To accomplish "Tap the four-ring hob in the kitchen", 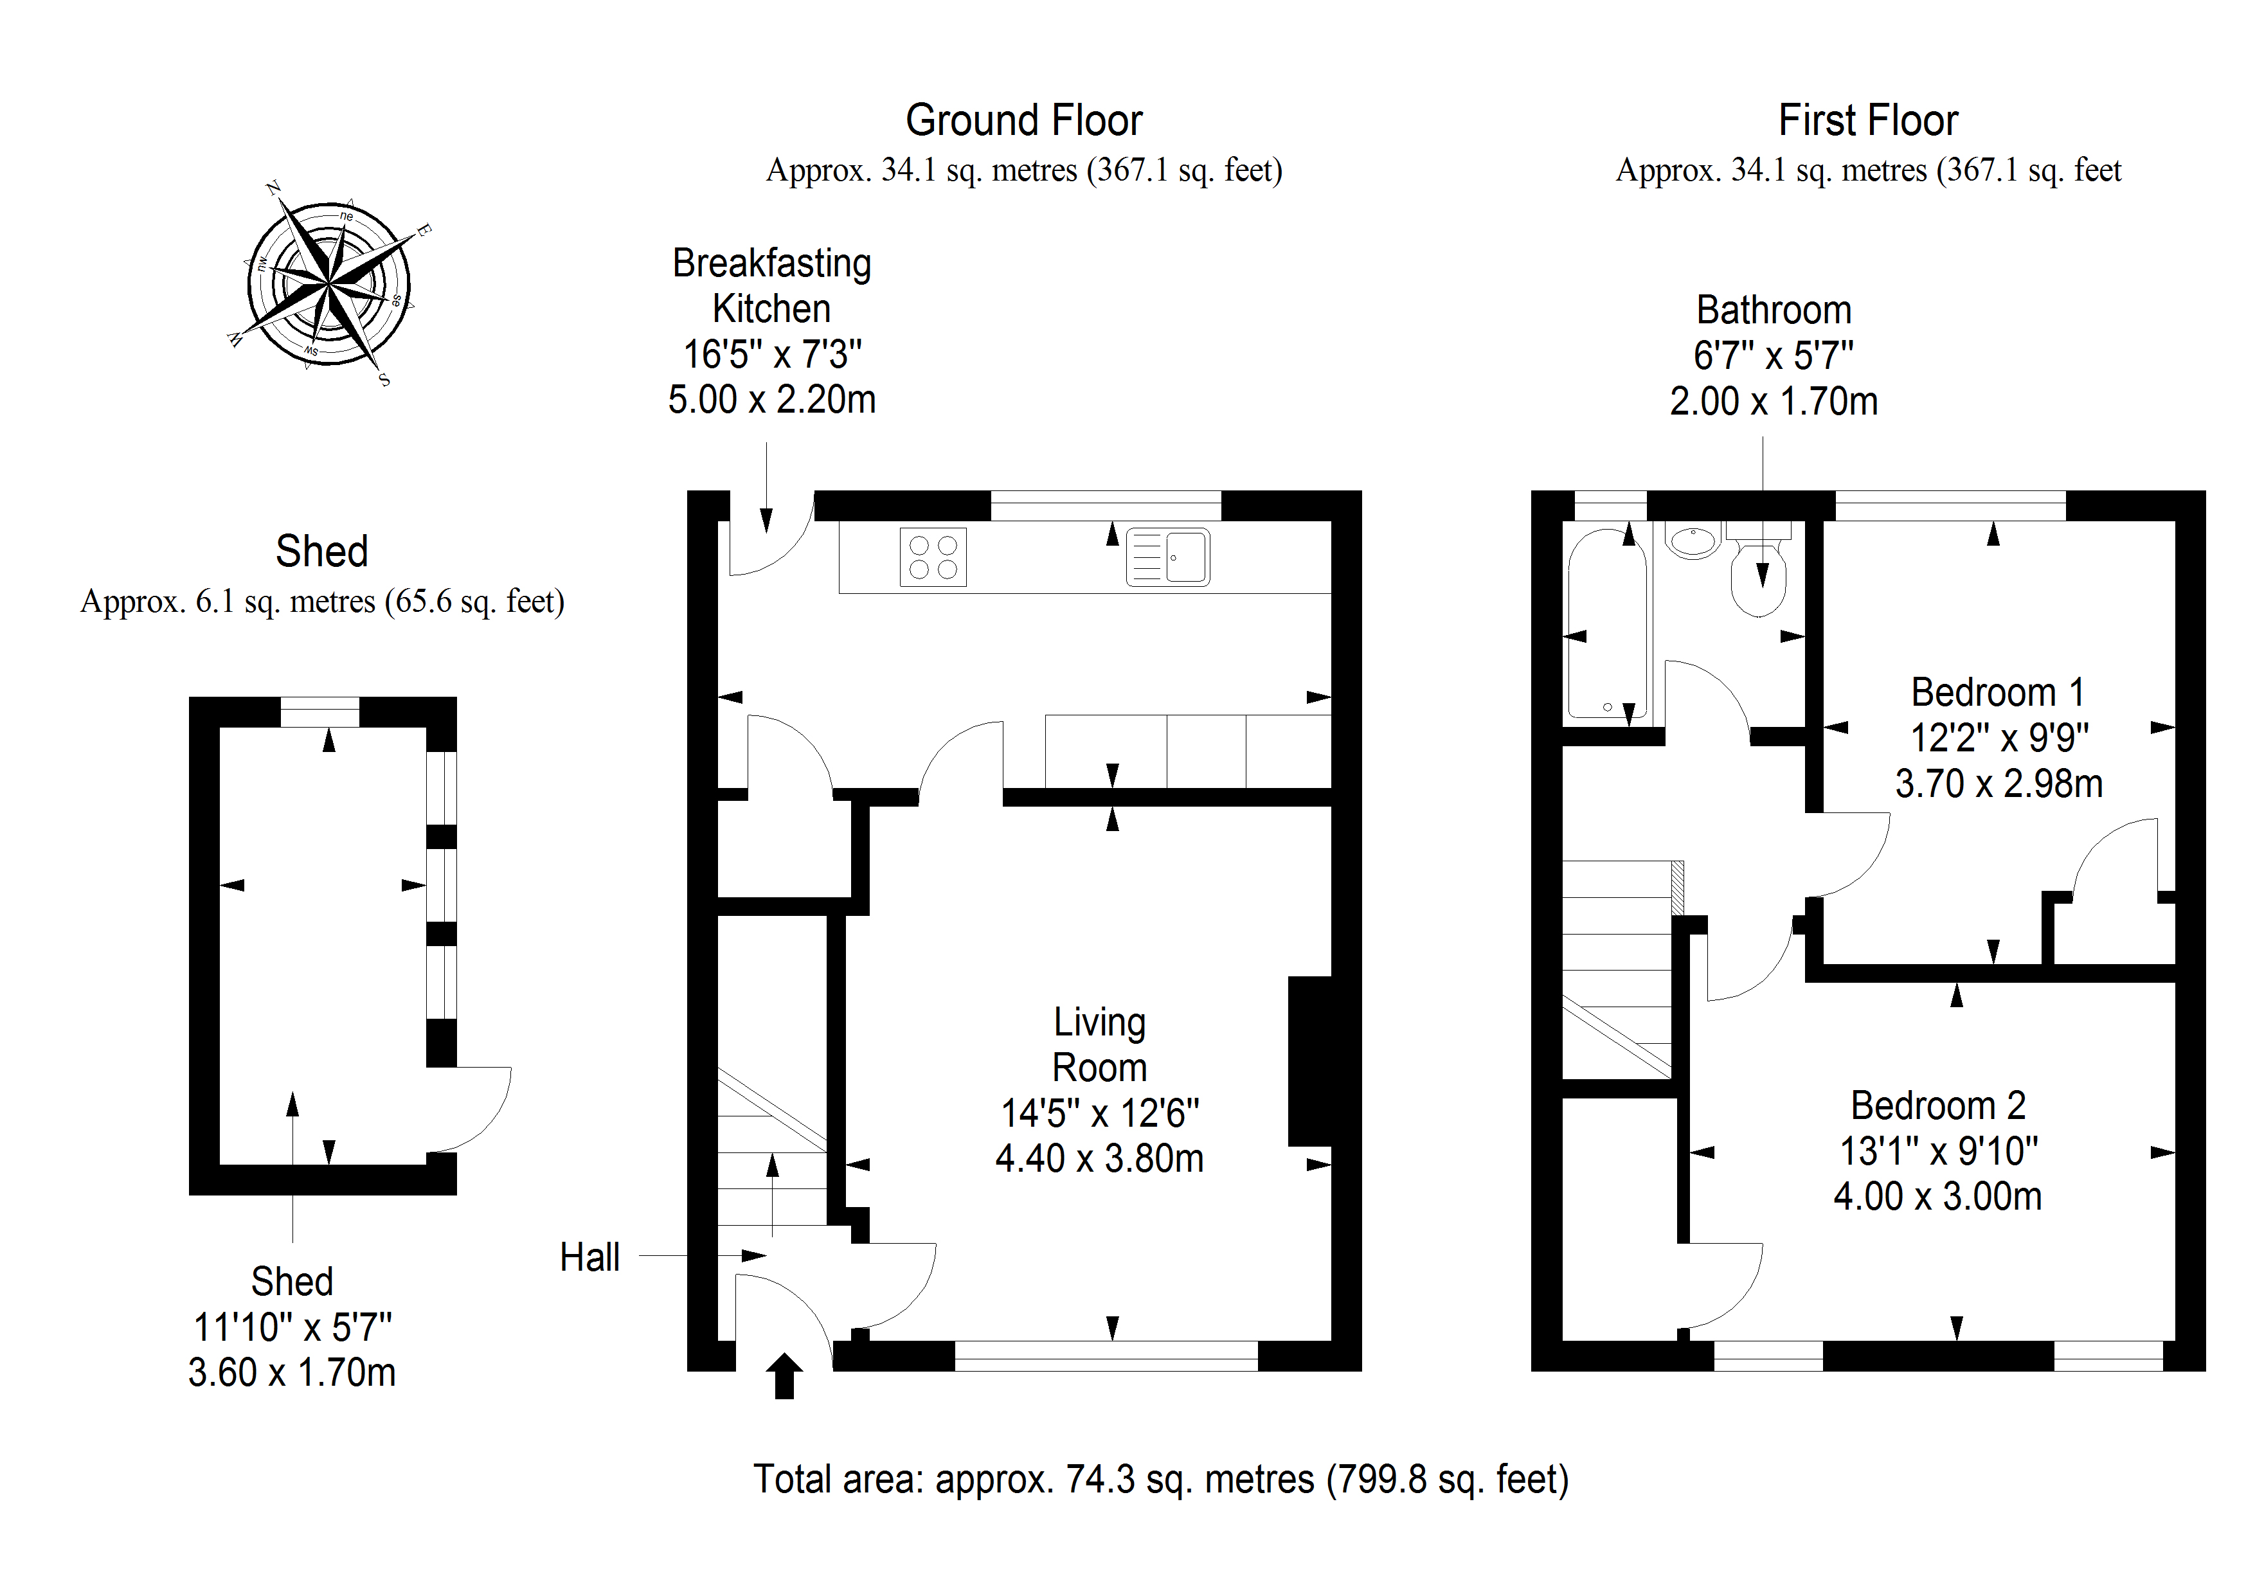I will click(x=933, y=557).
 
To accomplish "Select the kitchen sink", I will click(x=1168, y=557).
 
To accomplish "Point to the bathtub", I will click(x=1607, y=625).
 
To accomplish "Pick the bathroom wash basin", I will click(x=1693, y=540).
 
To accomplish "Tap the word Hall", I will click(x=589, y=1257).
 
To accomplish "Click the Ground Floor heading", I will click(x=1023, y=121).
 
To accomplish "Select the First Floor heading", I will click(x=1868, y=121).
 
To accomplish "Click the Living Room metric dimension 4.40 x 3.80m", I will click(x=1099, y=1159).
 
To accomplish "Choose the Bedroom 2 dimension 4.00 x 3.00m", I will click(x=1937, y=1196).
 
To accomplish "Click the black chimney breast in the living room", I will click(x=1309, y=1061).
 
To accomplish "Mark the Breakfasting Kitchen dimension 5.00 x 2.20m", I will click(x=772, y=400).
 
